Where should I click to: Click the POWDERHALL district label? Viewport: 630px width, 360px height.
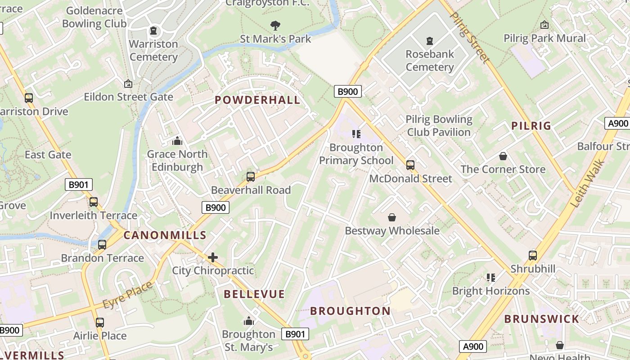coord(257,100)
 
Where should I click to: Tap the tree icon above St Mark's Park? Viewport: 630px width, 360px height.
coord(275,25)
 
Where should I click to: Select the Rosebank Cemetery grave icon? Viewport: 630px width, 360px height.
coord(430,41)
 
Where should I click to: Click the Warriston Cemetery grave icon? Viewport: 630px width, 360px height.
coord(153,31)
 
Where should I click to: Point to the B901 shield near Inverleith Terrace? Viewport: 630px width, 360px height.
coord(79,184)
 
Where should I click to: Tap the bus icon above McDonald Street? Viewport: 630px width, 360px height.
coord(410,165)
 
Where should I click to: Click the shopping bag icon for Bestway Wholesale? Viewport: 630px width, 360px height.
coord(392,217)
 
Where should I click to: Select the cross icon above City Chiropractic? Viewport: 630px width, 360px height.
coord(213,257)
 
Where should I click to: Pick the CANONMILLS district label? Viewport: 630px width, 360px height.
coord(165,235)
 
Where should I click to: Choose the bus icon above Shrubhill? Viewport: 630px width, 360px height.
coord(533,255)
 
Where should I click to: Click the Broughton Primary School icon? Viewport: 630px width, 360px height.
coord(356,134)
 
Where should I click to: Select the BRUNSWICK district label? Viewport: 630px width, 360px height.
coord(541,319)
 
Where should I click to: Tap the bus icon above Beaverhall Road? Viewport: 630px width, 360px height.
coord(251,176)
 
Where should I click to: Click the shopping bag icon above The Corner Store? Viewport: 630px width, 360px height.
coord(503,156)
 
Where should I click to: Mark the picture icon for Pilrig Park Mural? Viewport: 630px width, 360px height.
coord(544,25)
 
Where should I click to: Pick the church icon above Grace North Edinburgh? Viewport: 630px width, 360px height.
coord(177,141)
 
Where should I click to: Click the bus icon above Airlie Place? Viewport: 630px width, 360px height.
coord(100,322)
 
